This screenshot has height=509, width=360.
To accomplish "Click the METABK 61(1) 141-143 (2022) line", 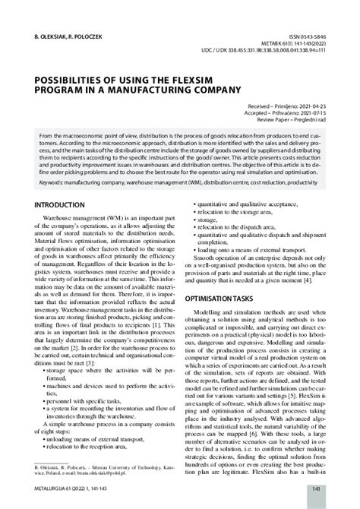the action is (x=302, y=44).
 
